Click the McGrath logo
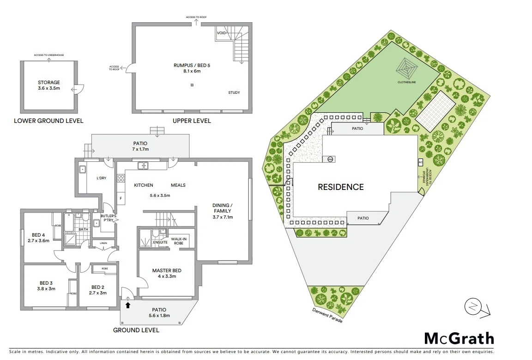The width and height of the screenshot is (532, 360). tap(459, 339)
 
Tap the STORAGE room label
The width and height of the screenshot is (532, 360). tap(49, 85)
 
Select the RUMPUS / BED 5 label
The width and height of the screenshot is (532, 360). tap(192, 68)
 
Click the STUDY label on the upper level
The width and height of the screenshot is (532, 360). tap(234, 93)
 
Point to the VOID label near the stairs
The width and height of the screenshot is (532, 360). tap(221, 33)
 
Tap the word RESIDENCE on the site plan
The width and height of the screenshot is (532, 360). tap(340, 187)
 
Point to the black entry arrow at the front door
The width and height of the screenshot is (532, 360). tap(128, 305)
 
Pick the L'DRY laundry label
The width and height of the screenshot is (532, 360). tap(101, 178)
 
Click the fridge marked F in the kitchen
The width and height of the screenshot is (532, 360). tap(121, 199)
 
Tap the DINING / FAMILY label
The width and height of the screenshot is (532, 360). tap(223, 211)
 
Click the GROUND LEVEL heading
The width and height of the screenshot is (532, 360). tap(136, 330)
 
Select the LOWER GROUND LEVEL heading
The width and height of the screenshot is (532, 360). tap(48, 121)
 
